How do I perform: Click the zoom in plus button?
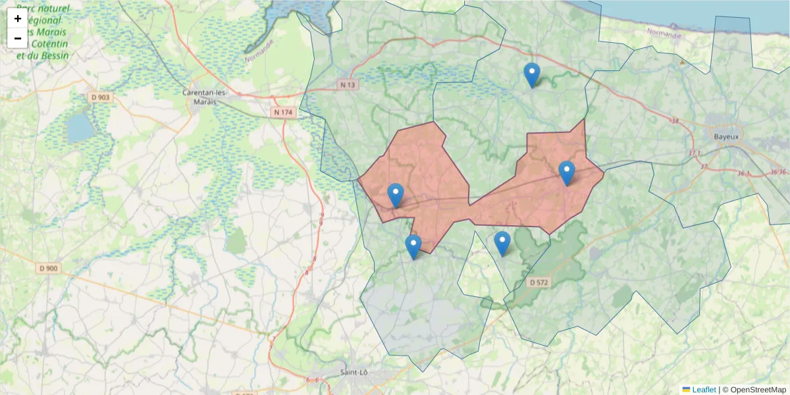click(18, 18)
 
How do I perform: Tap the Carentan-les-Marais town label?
click(205, 97)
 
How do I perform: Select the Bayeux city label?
click(727, 136)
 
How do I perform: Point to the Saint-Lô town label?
click(354, 373)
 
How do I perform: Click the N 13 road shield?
click(348, 84)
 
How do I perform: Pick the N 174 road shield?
click(283, 113)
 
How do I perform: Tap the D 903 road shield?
click(101, 97)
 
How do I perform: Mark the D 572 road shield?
click(538, 282)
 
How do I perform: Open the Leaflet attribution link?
click(704, 390)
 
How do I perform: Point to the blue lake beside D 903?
click(80, 128)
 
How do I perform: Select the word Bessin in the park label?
click(53, 56)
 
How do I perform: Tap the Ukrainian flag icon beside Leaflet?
click(686, 390)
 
